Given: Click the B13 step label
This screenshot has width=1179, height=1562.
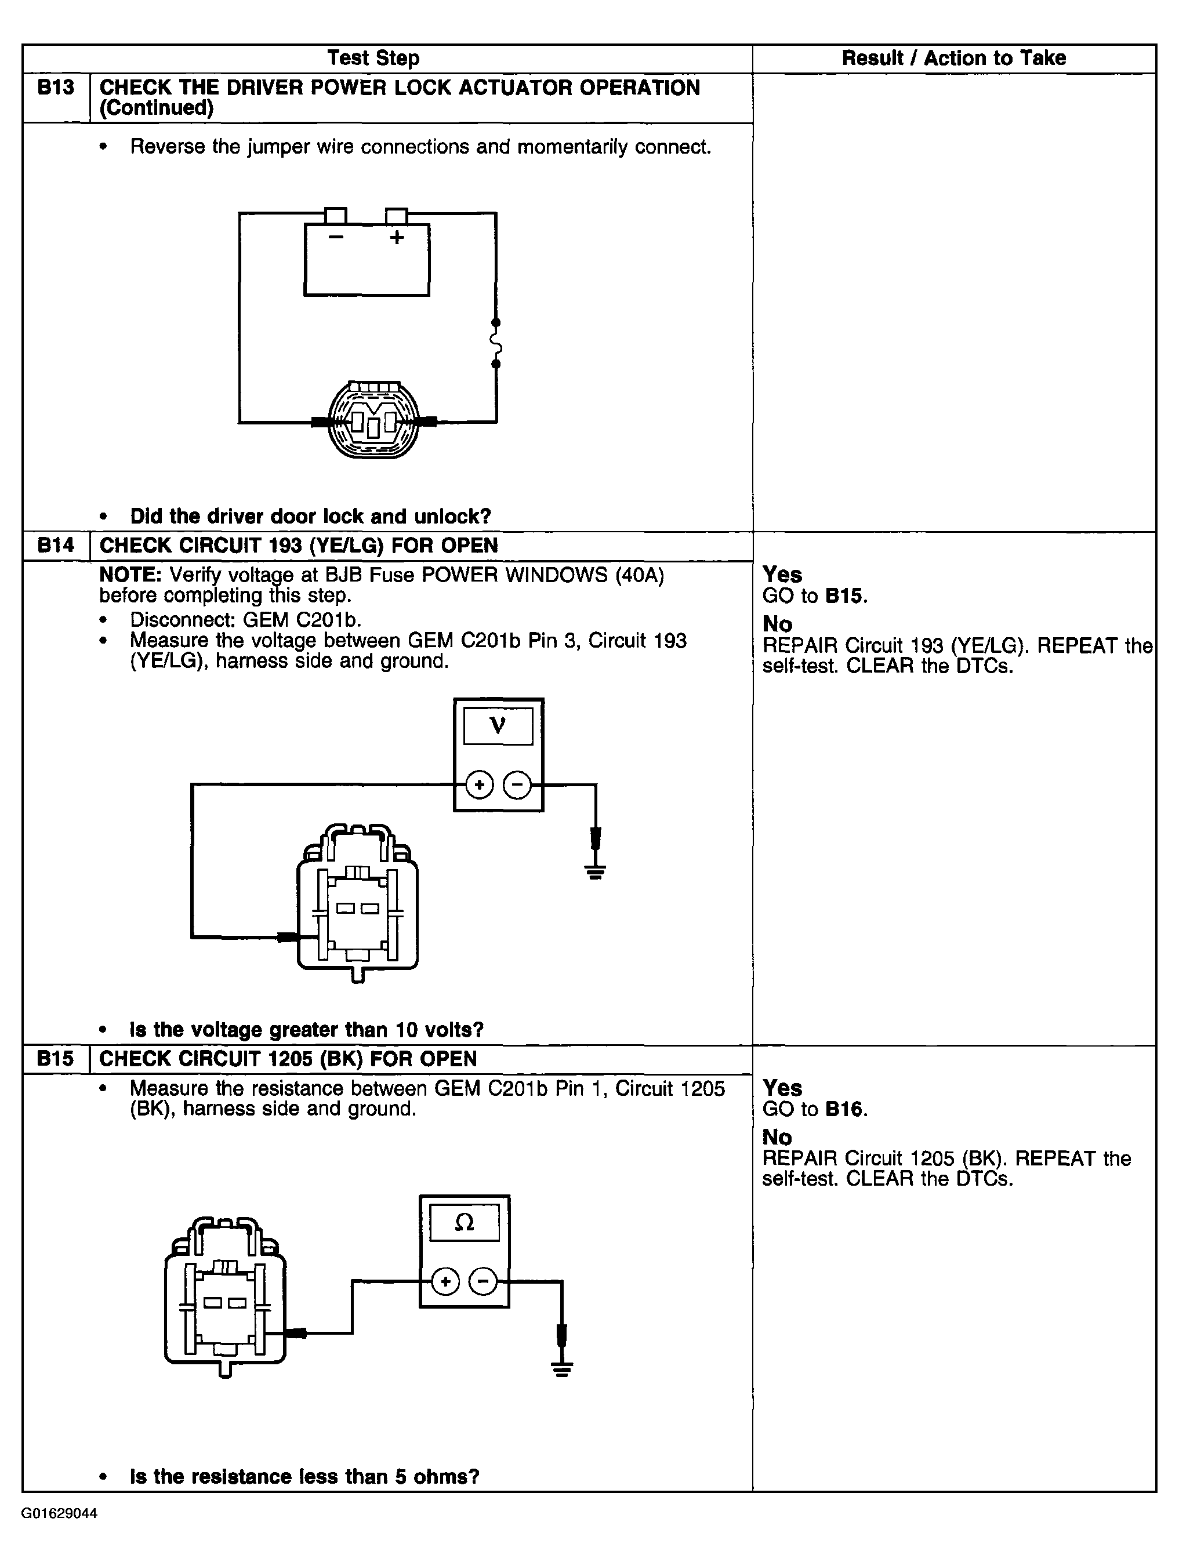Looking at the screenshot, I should tap(55, 88).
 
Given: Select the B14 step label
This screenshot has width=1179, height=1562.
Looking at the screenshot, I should tap(55, 545).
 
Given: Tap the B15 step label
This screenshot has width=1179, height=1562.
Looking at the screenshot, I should tap(55, 1059).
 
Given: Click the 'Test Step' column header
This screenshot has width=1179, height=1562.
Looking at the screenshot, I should tap(373, 58).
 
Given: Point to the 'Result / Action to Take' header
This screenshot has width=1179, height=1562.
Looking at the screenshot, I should tap(953, 58).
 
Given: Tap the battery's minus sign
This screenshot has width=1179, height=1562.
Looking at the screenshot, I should tap(336, 237).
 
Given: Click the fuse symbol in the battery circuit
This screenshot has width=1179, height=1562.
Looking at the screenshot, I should tap(496, 343).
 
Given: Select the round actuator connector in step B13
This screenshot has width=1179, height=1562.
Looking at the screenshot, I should tap(373, 421).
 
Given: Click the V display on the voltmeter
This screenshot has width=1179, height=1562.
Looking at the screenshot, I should tap(498, 725).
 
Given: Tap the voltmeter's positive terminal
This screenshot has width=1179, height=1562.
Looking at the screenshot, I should tap(480, 784).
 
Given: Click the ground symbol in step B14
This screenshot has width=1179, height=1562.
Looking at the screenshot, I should tap(596, 871).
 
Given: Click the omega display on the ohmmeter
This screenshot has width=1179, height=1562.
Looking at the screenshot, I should tap(464, 1222).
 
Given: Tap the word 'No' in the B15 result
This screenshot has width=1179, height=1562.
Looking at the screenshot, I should tap(777, 1137).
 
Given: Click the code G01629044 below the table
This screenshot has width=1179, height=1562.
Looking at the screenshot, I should tap(59, 1513).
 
